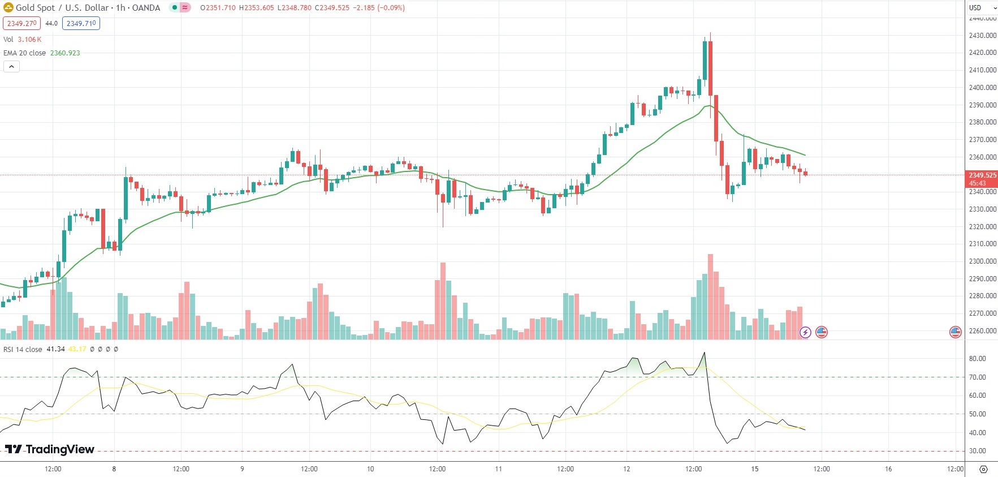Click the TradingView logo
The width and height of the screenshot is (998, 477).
50,449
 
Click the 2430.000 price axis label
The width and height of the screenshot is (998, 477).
982,36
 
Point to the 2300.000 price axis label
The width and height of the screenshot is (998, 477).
982,261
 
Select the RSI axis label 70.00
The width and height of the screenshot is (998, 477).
977,377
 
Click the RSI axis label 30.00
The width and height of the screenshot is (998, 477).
977,452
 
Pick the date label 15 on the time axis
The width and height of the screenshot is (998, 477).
754,469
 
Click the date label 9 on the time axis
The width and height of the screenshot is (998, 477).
242,469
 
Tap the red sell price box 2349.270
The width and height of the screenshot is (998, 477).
21,23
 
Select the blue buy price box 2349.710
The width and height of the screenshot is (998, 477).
81,23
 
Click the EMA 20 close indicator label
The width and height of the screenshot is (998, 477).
25,53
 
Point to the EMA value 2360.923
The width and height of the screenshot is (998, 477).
65,53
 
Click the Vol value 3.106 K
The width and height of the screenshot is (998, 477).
29,40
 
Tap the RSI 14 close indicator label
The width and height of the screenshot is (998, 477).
23,350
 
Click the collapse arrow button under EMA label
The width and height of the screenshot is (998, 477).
11,67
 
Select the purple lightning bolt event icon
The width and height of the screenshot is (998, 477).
805,332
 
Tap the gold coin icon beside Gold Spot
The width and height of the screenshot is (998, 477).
8,8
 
